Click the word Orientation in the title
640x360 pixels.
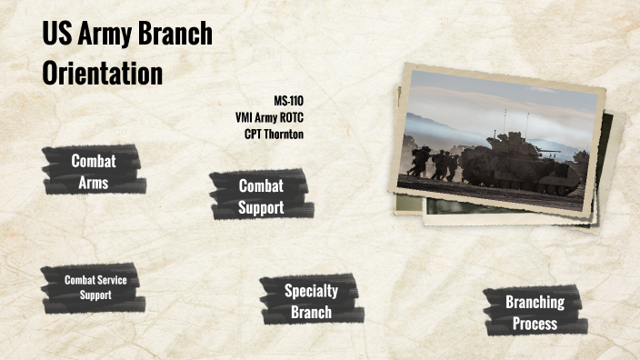[x=103, y=74]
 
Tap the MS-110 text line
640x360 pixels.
[x=288, y=100]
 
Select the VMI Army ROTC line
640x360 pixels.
[x=269, y=117]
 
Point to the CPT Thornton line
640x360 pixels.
[x=274, y=135]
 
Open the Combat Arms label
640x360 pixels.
[x=94, y=171]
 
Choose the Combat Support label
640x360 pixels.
[x=261, y=196]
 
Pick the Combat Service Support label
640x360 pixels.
[x=95, y=287]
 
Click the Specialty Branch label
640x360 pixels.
[x=311, y=302]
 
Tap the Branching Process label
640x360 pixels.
[x=535, y=312]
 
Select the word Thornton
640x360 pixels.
[x=285, y=135]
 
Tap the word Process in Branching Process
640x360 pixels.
[x=535, y=323]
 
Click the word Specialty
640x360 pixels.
[x=311, y=291]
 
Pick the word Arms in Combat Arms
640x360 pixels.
[x=94, y=182]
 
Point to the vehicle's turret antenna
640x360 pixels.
[x=525, y=123]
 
